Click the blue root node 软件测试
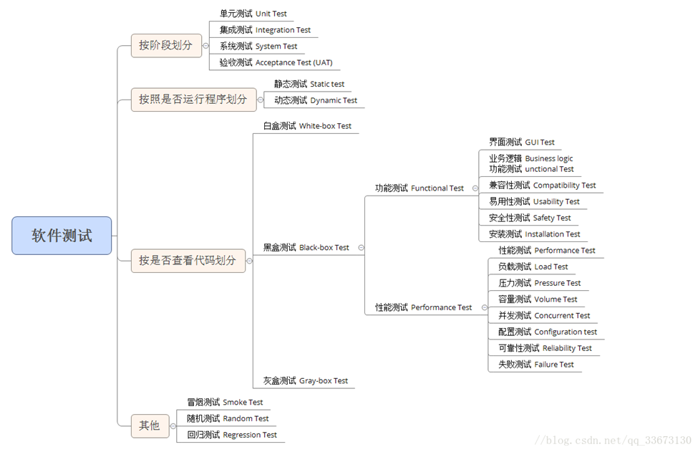(62, 236)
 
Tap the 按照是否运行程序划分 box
(193, 100)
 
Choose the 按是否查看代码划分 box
(187, 260)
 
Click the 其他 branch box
(149, 425)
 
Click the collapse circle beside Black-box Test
(361, 247)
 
